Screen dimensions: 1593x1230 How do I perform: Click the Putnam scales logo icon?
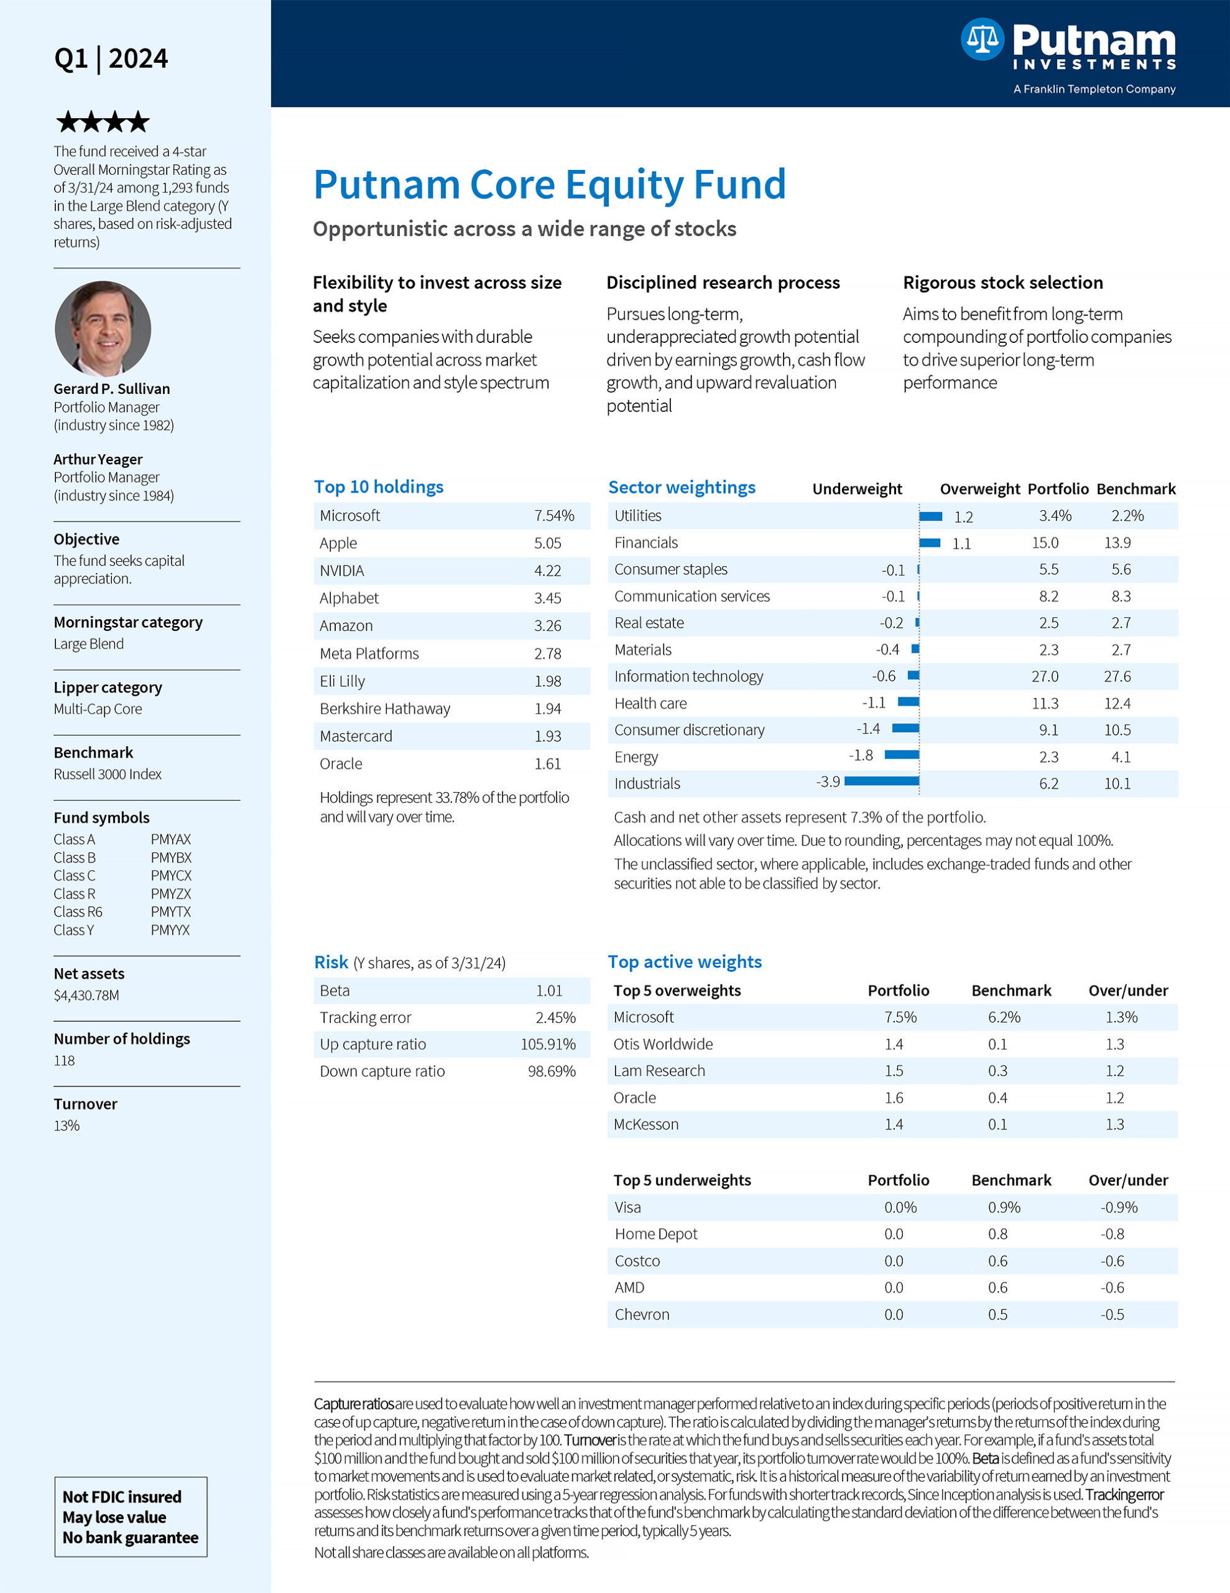(x=981, y=39)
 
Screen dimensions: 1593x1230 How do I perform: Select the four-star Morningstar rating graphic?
(x=103, y=122)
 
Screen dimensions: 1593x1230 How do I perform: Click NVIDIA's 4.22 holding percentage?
(x=548, y=571)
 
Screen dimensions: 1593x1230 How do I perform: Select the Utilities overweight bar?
(x=930, y=516)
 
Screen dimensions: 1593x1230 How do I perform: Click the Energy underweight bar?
(x=901, y=755)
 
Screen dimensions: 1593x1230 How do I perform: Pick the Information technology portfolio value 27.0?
(x=1045, y=676)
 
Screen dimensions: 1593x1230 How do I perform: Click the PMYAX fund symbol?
(x=170, y=839)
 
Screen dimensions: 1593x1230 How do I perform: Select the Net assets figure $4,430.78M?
(x=86, y=995)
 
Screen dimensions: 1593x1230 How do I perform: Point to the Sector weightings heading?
(x=682, y=487)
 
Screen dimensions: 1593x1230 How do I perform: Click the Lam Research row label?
(x=659, y=1071)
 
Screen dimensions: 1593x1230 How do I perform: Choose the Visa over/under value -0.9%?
(x=1119, y=1207)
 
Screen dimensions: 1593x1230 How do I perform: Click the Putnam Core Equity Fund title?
(x=550, y=185)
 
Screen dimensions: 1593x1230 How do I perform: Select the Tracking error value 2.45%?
(x=555, y=1017)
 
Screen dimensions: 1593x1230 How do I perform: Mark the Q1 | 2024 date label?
(x=111, y=58)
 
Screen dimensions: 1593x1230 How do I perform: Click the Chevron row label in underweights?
(x=642, y=1314)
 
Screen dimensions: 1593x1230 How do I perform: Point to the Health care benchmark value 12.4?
(x=1117, y=703)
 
